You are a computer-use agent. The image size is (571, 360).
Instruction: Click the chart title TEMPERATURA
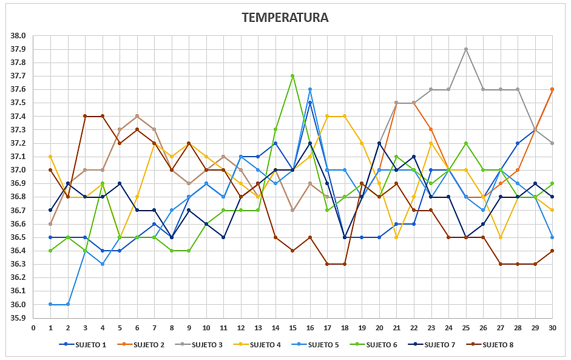pos(285,18)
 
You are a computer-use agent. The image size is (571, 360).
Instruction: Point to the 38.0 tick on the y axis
pos(18,36)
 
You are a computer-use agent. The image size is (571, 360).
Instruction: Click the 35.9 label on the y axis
pos(18,318)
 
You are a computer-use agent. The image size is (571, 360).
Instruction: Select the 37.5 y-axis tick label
pos(18,103)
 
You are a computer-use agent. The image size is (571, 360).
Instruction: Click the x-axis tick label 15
pos(292,328)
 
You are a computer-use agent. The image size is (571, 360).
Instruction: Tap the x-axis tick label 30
pos(552,328)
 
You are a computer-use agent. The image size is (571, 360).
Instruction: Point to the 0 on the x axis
pos(33,328)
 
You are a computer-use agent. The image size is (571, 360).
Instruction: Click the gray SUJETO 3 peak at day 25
pos(465,49)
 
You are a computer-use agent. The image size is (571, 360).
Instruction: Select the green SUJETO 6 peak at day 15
pos(292,76)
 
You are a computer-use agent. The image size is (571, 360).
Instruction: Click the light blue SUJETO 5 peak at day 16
pos(310,89)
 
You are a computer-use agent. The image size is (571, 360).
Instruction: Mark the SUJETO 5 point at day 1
pos(50,304)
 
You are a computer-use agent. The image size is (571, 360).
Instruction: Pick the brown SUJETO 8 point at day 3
pos(85,116)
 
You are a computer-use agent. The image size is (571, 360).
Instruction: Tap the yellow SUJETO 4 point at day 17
pos(327,116)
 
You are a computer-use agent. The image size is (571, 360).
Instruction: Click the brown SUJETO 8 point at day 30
pos(552,251)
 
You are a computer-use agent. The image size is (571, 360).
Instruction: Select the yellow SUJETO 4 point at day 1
pos(50,157)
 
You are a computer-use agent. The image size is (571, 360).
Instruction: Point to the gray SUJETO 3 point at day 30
pos(552,143)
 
